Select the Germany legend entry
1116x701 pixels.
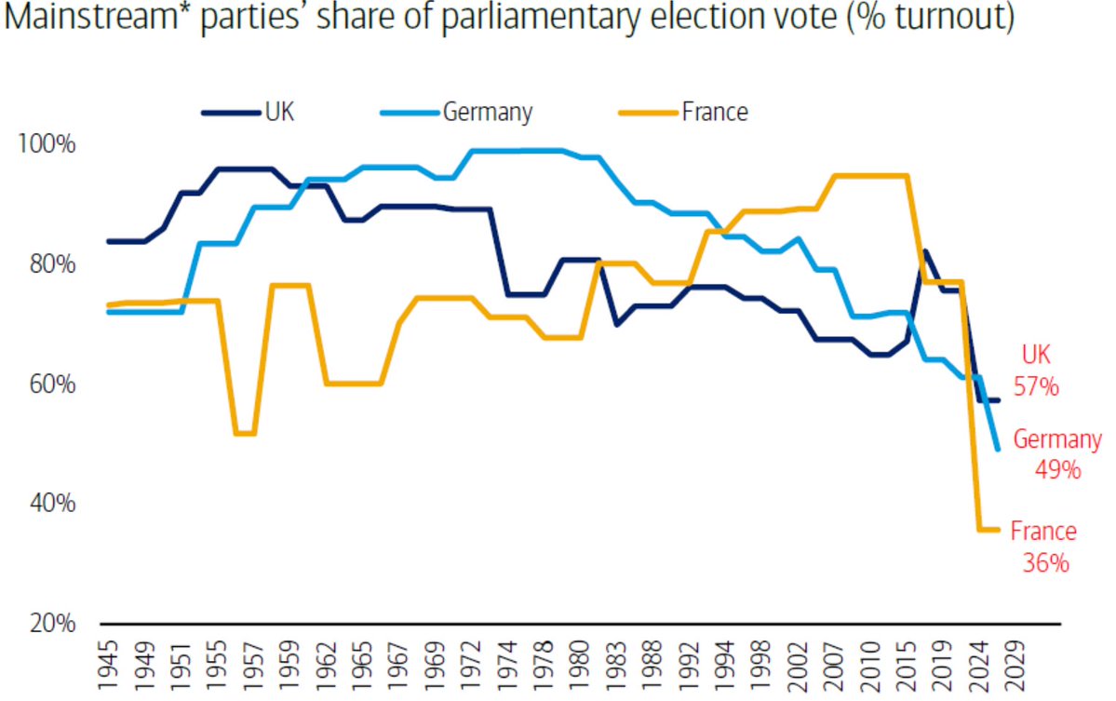click(456, 113)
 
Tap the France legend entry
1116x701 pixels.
click(684, 113)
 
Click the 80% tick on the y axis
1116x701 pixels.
click(45, 265)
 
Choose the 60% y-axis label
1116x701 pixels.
click(45, 384)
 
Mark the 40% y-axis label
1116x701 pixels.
click(45, 504)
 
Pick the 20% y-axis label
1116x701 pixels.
click(45, 624)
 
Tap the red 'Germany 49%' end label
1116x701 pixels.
click(1056, 454)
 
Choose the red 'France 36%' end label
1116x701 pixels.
click(1042, 547)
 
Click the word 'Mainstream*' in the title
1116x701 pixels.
click(88, 20)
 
